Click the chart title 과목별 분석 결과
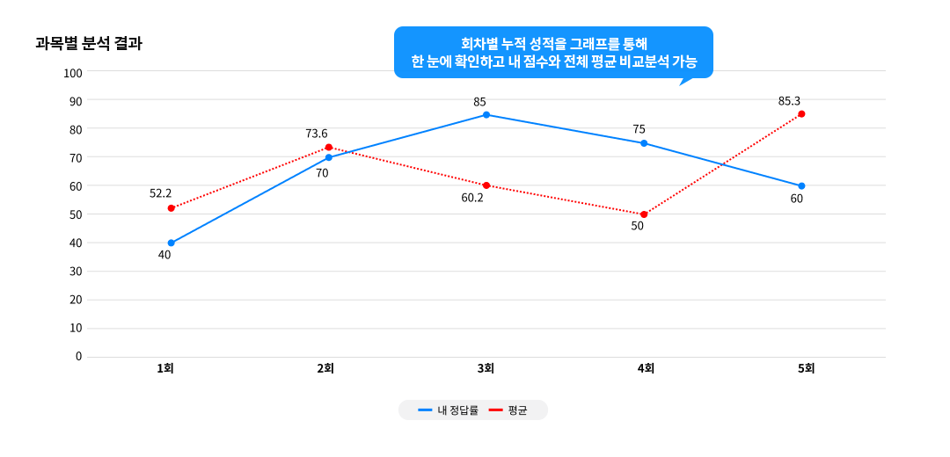88,44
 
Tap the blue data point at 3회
486,115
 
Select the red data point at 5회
801,114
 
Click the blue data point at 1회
172,243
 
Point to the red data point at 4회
644,214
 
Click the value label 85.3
789,101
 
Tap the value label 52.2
160,193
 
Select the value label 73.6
317,134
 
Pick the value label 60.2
472,198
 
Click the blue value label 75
639,129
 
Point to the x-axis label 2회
325,369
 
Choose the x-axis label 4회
646,369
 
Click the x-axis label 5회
807,369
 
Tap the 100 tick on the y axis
73,73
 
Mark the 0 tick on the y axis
78,356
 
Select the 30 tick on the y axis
76,271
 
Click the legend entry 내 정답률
448,410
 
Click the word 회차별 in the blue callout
479,43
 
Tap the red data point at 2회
329,148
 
